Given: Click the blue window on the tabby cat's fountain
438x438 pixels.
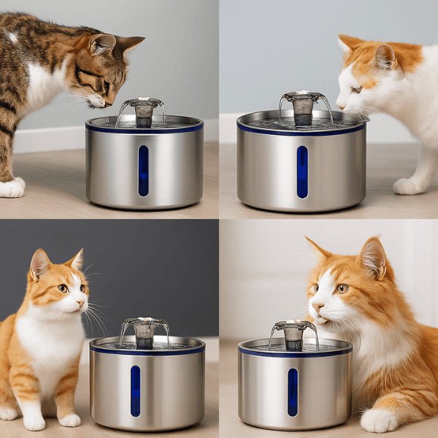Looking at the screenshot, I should [143, 171].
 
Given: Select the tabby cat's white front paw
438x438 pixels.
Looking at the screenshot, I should [11, 188].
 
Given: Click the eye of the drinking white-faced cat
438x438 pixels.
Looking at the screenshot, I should [356, 89].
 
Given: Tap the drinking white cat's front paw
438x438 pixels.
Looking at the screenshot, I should [409, 186].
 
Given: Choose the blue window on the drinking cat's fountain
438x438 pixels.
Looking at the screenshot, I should [302, 172].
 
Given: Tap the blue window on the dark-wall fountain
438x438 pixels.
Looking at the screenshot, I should [135, 391].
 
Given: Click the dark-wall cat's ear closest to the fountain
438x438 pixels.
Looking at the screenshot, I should [76, 260].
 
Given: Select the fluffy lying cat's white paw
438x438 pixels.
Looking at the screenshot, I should [379, 420].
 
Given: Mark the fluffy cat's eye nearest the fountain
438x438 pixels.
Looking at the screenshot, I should [315, 288].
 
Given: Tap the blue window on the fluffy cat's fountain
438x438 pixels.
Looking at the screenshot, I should [293, 392].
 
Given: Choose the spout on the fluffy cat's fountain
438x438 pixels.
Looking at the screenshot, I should [293, 334].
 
